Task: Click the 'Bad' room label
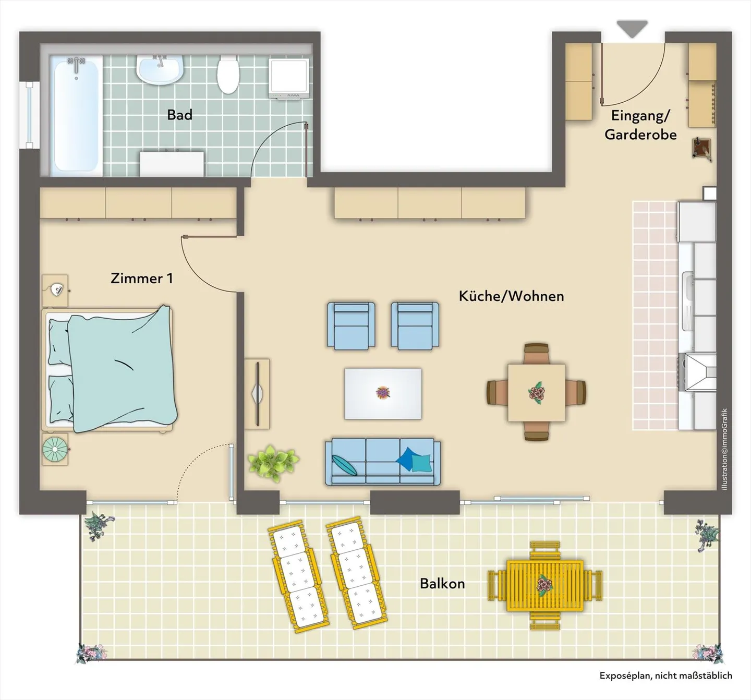179,115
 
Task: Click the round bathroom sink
160,70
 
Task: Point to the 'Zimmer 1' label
141,278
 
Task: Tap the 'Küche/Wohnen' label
511,296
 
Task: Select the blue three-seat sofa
383,462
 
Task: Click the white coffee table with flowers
383,393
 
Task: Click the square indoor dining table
536,392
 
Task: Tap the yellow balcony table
545,586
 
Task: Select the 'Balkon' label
442,583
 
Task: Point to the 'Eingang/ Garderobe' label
640,125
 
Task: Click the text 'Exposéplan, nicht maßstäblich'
665,675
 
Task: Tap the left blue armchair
351,325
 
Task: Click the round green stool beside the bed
55,449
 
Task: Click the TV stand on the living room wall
257,393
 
